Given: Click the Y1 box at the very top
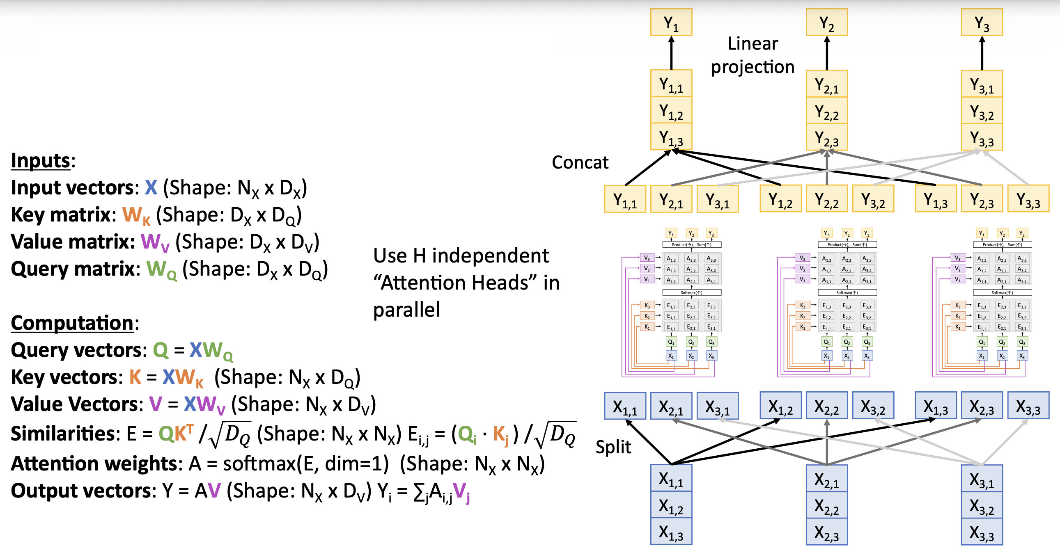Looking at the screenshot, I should pyautogui.click(x=671, y=23).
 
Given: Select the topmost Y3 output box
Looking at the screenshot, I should pyautogui.click(x=982, y=23).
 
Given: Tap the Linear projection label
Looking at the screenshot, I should pyautogui.click(x=753, y=55).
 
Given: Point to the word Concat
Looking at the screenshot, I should pyautogui.click(x=580, y=162).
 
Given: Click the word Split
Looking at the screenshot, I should pyautogui.click(x=613, y=447).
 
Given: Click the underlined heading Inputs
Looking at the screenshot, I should pyautogui.click(x=40, y=160).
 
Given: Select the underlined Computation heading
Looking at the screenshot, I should pyautogui.click(x=72, y=323).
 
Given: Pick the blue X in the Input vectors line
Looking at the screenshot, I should pyautogui.click(x=151, y=187).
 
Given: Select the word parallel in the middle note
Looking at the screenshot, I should pyautogui.click(x=406, y=310).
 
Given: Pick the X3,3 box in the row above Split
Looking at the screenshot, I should pyautogui.click(x=1028, y=406).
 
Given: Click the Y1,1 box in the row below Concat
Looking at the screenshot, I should pyautogui.click(x=625, y=199).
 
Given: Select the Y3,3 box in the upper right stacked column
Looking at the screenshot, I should pyautogui.click(x=982, y=137).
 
